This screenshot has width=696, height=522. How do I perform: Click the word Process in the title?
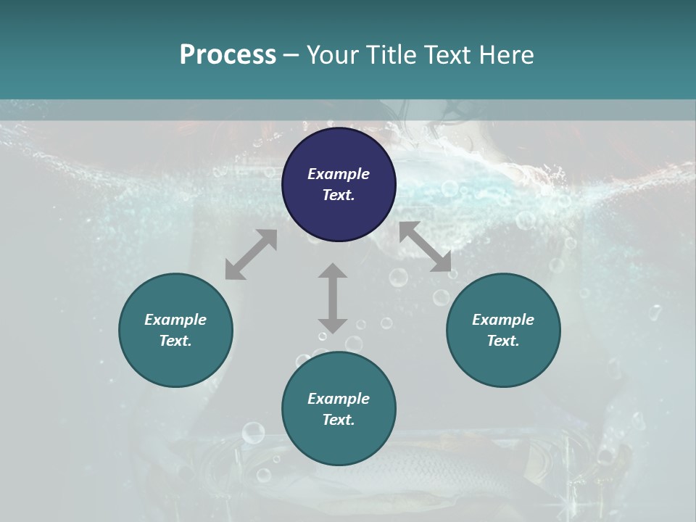[228, 55]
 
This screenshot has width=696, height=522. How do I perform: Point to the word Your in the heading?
[333, 55]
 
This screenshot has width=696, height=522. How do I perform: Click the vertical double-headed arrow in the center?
[333, 298]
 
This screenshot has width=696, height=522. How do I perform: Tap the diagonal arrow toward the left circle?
[251, 254]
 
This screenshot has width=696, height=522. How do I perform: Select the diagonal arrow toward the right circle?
[425, 246]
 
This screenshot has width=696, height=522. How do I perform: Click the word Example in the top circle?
[339, 174]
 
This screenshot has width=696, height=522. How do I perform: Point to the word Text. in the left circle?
[175, 341]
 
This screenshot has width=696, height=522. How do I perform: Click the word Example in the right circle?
[503, 320]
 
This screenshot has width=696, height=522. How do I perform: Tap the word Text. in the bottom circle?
[339, 420]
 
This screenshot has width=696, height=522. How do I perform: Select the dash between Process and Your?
[291, 55]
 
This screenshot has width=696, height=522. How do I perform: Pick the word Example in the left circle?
[175, 320]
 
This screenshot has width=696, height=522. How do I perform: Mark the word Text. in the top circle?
[339, 195]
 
